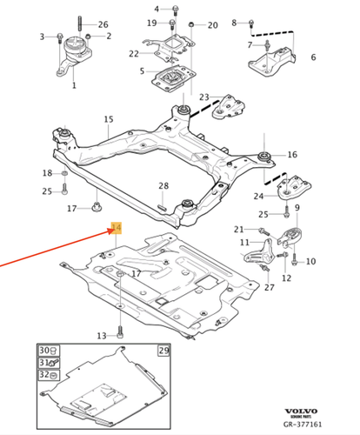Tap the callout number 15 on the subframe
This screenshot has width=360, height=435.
pyautogui.click(x=109, y=119)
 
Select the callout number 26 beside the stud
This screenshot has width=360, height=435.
pyautogui.click(x=103, y=24)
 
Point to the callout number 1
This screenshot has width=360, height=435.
pyautogui.click(x=74, y=86)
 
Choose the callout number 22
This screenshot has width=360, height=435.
pyautogui.click(x=134, y=54)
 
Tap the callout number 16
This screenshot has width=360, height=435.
pyautogui.click(x=291, y=155)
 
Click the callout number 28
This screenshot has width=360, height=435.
pyautogui.click(x=163, y=187)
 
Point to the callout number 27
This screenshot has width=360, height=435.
pyautogui.click(x=269, y=286)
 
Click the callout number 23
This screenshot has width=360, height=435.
pyautogui.click(x=203, y=97)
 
